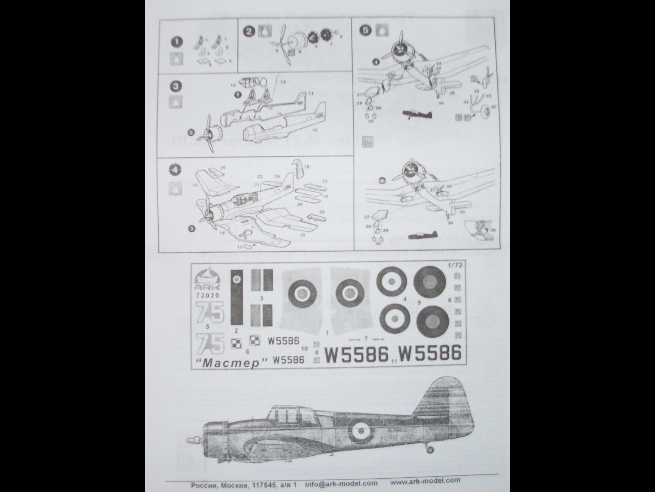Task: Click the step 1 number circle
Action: [174, 42]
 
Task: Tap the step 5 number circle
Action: [366, 30]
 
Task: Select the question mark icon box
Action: [366, 140]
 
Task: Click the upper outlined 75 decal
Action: [209, 312]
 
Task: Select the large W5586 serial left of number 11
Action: [357, 354]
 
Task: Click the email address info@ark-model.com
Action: [341, 483]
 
